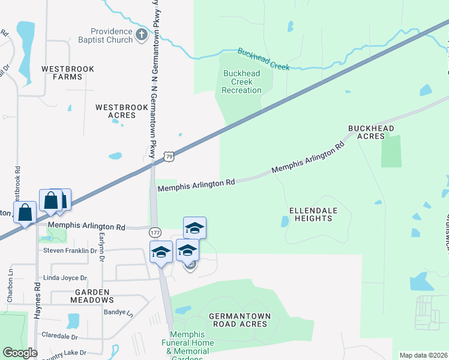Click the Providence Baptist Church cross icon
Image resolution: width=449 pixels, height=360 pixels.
[141, 35]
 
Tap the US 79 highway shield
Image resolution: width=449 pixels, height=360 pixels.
[170, 157]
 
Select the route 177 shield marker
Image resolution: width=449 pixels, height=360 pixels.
[155, 232]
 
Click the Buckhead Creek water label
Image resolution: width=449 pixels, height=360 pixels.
[264, 59]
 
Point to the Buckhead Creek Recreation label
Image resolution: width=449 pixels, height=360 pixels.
[241, 82]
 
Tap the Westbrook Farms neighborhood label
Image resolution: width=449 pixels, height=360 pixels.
[68, 73]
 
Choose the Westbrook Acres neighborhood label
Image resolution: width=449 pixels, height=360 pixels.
[122, 111]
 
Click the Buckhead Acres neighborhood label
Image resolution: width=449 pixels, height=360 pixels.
[372, 132]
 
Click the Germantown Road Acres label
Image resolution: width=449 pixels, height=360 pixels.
[240, 320]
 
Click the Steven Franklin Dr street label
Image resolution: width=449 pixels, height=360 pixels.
[70, 250]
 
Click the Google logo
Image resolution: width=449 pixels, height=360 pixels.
[20, 353]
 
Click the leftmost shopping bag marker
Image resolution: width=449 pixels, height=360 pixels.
[25, 212]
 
